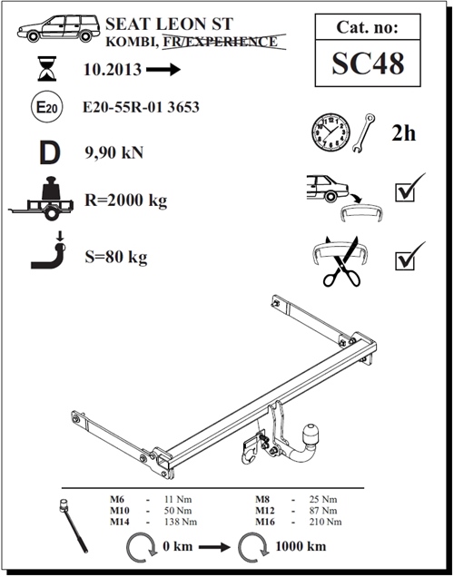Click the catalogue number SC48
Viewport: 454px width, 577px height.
tap(368, 63)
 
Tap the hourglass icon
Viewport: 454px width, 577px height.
tap(47, 68)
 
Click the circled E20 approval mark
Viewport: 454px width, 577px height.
tap(47, 107)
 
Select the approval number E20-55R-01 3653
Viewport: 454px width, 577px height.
tap(141, 107)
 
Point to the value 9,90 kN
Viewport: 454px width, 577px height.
tap(113, 152)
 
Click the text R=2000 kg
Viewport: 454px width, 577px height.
tap(126, 200)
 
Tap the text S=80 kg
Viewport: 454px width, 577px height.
tap(116, 257)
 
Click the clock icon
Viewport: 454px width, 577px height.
tap(331, 132)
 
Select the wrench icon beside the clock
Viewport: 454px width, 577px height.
tap(363, 132)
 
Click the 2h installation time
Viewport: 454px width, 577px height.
tap(403, 132)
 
